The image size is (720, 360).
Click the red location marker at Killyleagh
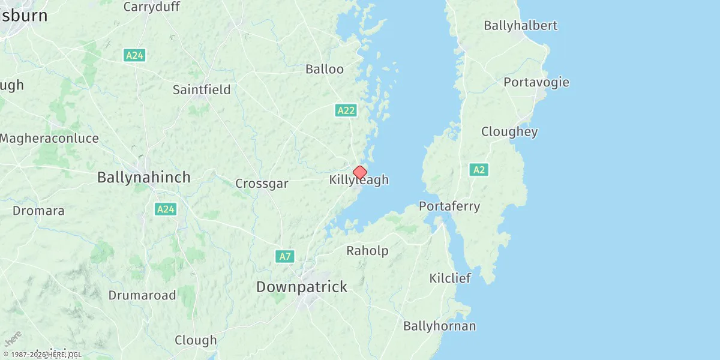359,173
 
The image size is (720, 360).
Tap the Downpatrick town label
301,287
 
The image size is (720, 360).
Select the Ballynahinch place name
143,178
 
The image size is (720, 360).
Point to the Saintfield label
202,90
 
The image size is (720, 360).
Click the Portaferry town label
449,206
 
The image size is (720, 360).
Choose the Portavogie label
536,82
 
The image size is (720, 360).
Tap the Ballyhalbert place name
520,25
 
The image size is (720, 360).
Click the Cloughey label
509,132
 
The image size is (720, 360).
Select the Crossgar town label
262,184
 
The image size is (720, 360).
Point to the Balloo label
325,69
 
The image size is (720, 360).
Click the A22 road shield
345,110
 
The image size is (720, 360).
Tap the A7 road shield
285,257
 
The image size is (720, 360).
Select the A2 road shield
479,170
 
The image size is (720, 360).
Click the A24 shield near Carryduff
134,55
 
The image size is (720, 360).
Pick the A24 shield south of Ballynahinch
165,209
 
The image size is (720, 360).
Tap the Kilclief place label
450,278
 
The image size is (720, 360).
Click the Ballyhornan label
439,326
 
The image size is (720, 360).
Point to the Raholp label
367,251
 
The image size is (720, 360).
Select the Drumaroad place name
142,295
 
